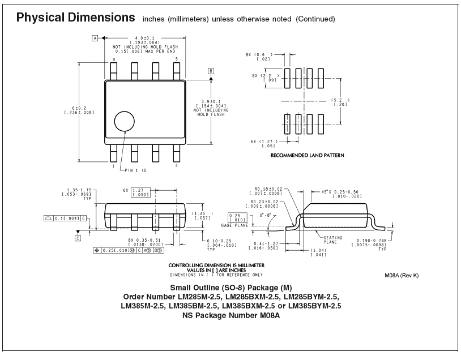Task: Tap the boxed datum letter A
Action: (95, 38)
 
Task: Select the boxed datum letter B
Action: (211, 71)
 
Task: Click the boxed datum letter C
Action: (78, 238)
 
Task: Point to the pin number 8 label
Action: (114, 59)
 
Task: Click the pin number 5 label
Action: (177, 59)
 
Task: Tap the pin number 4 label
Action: (176, 165)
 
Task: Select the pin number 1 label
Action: (113, 166)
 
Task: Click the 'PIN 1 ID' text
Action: (135, 170)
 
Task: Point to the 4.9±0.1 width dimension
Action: (144, 38)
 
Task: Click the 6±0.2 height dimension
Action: (79, 108)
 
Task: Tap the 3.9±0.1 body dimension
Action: (211, 101)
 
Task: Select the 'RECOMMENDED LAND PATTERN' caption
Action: (307, 155)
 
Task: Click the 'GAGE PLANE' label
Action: (234, 225)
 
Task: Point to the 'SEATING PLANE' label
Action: (332, 240)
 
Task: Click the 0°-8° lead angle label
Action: (264, 215)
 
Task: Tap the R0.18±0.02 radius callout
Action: (268, 189)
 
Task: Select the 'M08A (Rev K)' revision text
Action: (402, 275)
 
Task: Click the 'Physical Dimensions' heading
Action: (75, 18)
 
